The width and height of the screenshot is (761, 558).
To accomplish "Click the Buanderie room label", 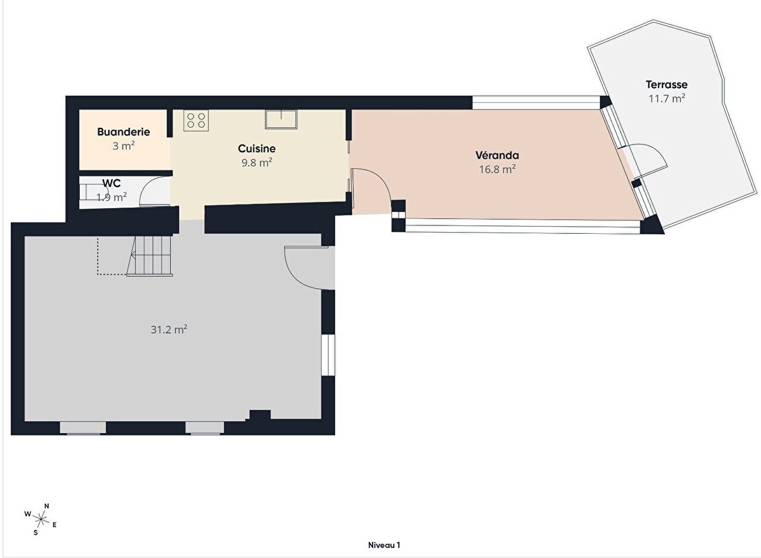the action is click(x=124, y=132).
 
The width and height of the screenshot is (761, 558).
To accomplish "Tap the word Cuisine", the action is click(x=256, y=148).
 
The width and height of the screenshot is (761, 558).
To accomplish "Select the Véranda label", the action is click(x=497, y=155).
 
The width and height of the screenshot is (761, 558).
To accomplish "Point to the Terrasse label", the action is click(x=666, y=84).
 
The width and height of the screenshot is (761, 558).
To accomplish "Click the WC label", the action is click(x=111, y=183).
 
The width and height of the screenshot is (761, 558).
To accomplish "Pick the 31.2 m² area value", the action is click(x=169, y=329).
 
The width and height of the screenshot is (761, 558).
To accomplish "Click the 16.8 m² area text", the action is click(x=497, y=169).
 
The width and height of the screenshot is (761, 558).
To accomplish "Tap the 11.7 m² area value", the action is click(x=666, y=99).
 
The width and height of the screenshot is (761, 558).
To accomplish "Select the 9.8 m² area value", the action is click(x=256, y=162).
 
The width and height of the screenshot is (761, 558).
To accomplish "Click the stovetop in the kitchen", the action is click(x=196, y=120).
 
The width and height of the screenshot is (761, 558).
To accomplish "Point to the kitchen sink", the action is click(x=281, y=119).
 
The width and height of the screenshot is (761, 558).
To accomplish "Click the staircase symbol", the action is click(x=150, y=256).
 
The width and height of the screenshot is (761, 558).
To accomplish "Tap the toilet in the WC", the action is click(x=88, y=192).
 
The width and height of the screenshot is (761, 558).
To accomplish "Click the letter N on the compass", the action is click(x=47, y=506).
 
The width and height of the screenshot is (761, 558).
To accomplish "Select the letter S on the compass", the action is click(x=36, y=532).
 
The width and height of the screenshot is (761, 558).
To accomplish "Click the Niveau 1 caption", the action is click(x=384, y=545).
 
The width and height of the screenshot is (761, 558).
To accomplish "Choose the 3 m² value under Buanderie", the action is click(x=124, y=146).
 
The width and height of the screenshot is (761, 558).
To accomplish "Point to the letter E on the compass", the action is click(x=54, y=525).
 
